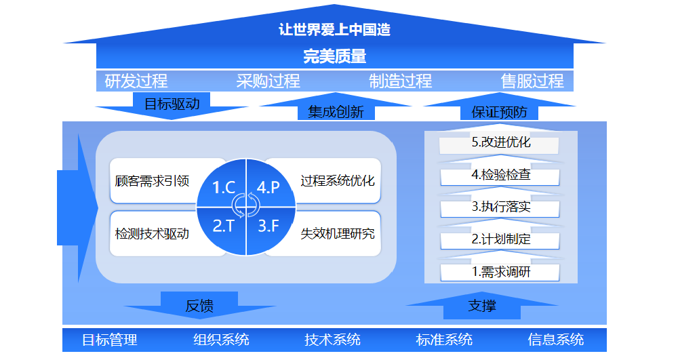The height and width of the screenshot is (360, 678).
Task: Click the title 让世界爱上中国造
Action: [x=334, y=29]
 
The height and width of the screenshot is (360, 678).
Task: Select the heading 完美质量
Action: [x=335, y=56]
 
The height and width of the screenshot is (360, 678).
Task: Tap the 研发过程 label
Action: [x=136, y=81]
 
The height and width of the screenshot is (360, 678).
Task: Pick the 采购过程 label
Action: [x=268, y=81]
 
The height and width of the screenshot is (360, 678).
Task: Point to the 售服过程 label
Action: [x=532, y=81]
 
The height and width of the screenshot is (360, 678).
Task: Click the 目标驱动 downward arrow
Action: [x=172, y=106]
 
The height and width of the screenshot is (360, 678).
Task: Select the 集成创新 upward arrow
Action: [x=336, y=106]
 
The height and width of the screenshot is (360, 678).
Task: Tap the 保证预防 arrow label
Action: [x=500, y=112]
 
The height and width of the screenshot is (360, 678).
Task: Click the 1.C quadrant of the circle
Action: [x=222, y=184]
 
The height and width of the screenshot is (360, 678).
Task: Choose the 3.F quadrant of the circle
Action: [x=271, y=231]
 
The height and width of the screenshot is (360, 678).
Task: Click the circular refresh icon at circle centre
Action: [x=245, y=205]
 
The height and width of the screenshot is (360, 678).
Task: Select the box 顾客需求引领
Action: [x=152, y=180]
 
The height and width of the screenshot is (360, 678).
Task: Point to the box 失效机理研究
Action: [x=337, y=234]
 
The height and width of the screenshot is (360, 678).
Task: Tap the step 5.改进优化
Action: [x=500, y=142]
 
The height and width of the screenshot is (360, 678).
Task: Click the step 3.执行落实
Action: [x=500, y=207]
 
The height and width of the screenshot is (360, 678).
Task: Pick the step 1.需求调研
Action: [x=500, y=272]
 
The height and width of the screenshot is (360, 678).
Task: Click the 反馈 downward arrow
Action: [x=199, y=305]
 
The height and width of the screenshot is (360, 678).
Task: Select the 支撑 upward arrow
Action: [x=482, y=306]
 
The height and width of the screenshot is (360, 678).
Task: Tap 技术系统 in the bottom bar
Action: [x=332, y=340]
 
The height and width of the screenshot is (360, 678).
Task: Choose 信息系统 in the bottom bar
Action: [x=556, y=340]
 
